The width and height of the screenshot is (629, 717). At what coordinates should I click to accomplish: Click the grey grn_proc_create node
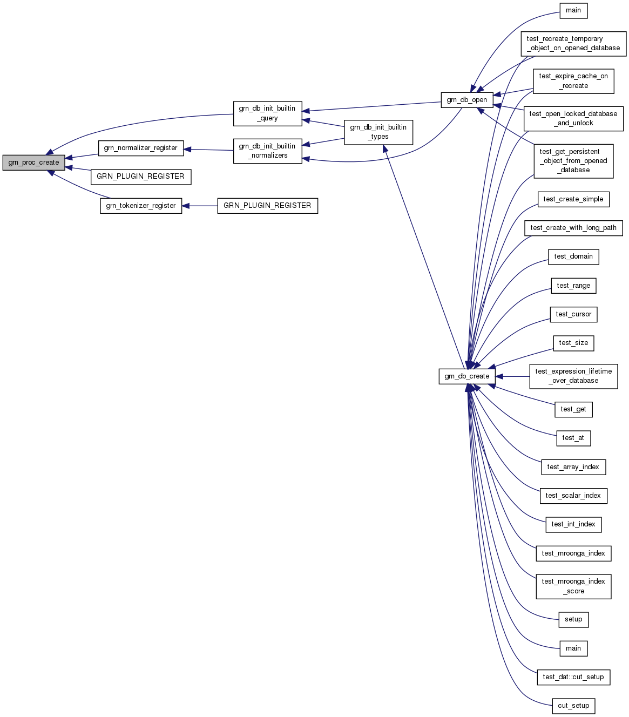33,163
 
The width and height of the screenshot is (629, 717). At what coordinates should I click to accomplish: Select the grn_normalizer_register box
140,148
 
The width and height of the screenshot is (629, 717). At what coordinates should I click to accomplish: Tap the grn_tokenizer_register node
141,206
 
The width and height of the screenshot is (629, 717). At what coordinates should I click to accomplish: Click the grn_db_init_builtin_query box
267,113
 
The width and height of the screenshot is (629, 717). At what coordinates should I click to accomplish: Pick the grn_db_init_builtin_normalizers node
267,151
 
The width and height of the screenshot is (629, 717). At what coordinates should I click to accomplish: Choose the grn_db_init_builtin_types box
378,132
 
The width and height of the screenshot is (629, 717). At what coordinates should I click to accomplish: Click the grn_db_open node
467,100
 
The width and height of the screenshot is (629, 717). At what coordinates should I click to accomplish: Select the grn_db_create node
467,376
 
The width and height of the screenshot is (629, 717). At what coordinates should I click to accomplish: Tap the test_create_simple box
573,199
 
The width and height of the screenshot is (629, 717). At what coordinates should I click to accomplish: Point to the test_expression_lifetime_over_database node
573,376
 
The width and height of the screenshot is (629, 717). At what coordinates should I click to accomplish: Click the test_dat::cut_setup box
573,677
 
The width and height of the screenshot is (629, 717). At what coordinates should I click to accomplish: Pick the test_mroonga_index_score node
573,586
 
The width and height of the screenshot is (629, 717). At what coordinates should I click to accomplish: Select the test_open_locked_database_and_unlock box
573,119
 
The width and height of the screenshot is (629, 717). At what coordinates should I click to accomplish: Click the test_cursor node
573,314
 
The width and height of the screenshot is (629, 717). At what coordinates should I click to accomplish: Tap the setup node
573,619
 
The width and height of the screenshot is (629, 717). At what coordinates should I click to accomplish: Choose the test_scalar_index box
573,496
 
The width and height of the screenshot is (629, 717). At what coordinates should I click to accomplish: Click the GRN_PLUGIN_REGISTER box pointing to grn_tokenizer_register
267,206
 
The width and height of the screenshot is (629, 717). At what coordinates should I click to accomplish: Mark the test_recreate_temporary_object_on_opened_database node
573,43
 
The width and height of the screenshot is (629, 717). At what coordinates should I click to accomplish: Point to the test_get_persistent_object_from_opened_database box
573,161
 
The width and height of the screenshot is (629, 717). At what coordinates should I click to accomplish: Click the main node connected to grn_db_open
573,10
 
